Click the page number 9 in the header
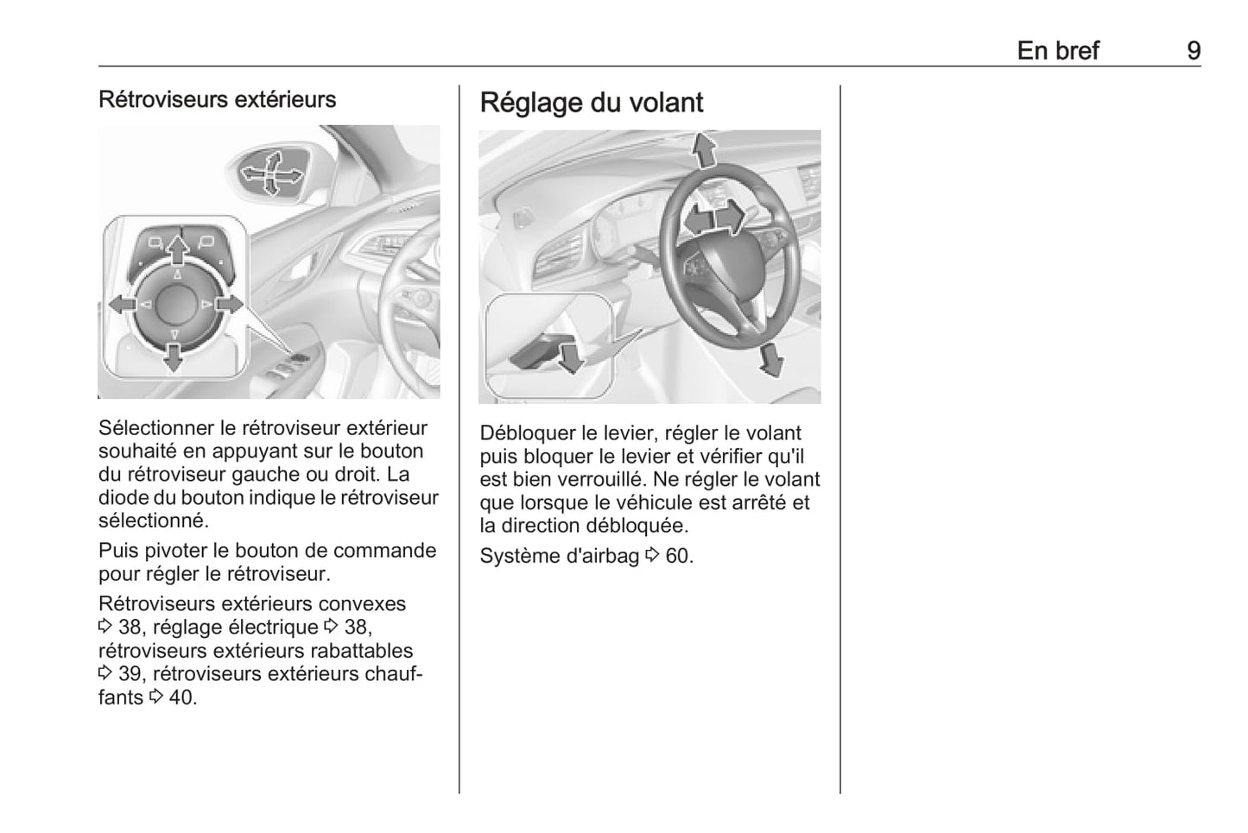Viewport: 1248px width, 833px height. (x=1193, y=50)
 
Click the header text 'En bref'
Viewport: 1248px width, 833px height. (x=1057, y=50)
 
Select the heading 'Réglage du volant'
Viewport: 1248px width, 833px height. (x=591, y=103)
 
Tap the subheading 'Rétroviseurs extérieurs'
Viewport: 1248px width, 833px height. (x=217, y=99)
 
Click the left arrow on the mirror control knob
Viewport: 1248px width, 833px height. (x=122, y=304)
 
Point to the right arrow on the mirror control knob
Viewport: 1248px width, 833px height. (x=229, y=304)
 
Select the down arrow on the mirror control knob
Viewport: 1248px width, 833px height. (x=174, y=356)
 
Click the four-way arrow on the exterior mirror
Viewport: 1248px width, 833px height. (x=271, y=174)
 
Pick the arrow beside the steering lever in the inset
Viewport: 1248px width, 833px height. (x=570, y=356)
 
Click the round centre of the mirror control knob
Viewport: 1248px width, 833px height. (x=175, y=303)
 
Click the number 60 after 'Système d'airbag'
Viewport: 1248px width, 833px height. (x=678, y=556)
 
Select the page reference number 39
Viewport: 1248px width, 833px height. (x=130, y=674)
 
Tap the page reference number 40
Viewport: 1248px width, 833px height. (x=181, y=697)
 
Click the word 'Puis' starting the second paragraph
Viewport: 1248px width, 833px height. (x=117, y=551)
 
